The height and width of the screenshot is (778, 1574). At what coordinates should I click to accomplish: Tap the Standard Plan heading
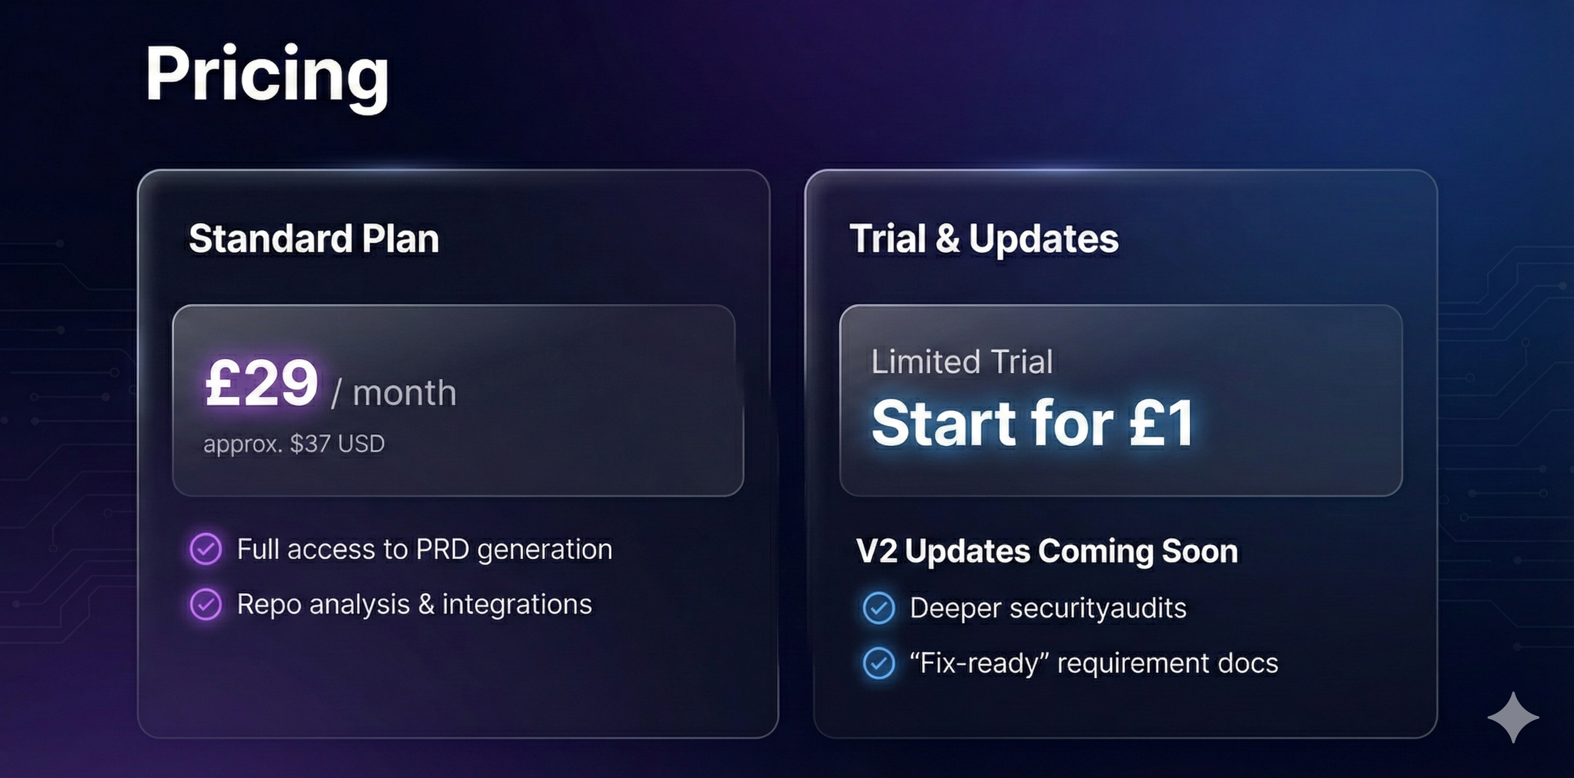pyautogui.click(x=314, y=238)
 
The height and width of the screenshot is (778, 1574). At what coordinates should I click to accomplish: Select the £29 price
pyautogui.click(x=262, y=384)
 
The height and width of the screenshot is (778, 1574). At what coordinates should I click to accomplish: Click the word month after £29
pyautogui.click(x=404, y=393)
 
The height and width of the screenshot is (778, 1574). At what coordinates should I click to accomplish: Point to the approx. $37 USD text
pyautogui.click(x=294, y=444)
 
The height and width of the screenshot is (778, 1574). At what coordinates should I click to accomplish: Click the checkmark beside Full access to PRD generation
pyautogui.click(x=206, y=548)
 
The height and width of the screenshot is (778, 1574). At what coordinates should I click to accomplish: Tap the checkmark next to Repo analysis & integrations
pyautogui.click(x=206, y=604)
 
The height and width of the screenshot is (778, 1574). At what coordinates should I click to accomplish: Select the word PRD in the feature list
pyautogui.click(x=442, y=549)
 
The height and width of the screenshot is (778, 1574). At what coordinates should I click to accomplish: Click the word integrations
pyautogui.click(x=517, y=605)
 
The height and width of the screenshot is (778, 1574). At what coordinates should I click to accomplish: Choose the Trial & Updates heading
pyautogui.click(x=984, y=238)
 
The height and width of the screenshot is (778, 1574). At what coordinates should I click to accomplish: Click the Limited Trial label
pyautogui.click(x=962, y=361)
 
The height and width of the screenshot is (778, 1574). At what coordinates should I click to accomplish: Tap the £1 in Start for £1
pyautogui.click(x=1161, y=422)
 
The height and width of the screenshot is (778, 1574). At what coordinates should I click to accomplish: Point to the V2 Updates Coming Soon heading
pyautogui.click(x=1046, y=551)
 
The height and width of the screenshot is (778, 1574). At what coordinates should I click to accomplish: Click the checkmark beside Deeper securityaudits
pyautogui.click(x=879, y=608)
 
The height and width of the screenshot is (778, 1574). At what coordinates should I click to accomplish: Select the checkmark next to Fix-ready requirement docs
pyautogui.click(x=879, y=663)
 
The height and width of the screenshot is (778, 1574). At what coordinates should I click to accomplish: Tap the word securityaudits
pyautogui.click(x=1097, y=608)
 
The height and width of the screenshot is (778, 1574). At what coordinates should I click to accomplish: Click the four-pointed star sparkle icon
pyautogui.click(x=1513, y=717)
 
